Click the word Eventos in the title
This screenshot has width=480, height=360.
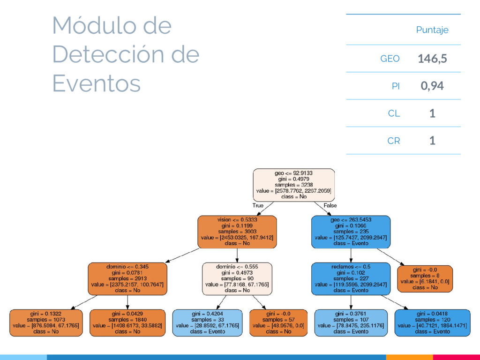click(x=97, y=84)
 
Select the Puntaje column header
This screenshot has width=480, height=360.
click(x=432, y=30)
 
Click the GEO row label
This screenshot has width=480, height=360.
click(x=390, y=59)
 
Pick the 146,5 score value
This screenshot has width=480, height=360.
click(x=432, y=59)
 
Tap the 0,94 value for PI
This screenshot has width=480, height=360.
click(x=432, y=86)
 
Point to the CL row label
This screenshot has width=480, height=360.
click(x=394, y=113)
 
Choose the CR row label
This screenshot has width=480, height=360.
click(x=393, y=140)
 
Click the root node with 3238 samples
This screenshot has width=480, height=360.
click(x=293, y=185)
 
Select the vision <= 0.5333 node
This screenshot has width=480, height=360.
click(x=237, y=232)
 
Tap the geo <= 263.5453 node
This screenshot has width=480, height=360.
click(x=351, y=232)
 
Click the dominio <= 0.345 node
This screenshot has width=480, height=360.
click(x=127, y=278)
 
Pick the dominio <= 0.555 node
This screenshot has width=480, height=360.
click(x=237, y=278)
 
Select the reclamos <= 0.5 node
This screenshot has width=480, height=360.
click(x=351, y=278)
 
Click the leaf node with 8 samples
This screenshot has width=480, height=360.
click(x=425, y=278)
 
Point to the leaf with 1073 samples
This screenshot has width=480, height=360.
click(x=46, y=322)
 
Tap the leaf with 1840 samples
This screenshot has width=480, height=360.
click(x=127, y=322)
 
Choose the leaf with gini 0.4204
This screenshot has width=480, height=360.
click(x=208, y=322)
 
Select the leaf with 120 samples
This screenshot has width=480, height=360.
click(x=432, y=322)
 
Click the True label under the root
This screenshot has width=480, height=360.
click(x=258, y=205)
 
